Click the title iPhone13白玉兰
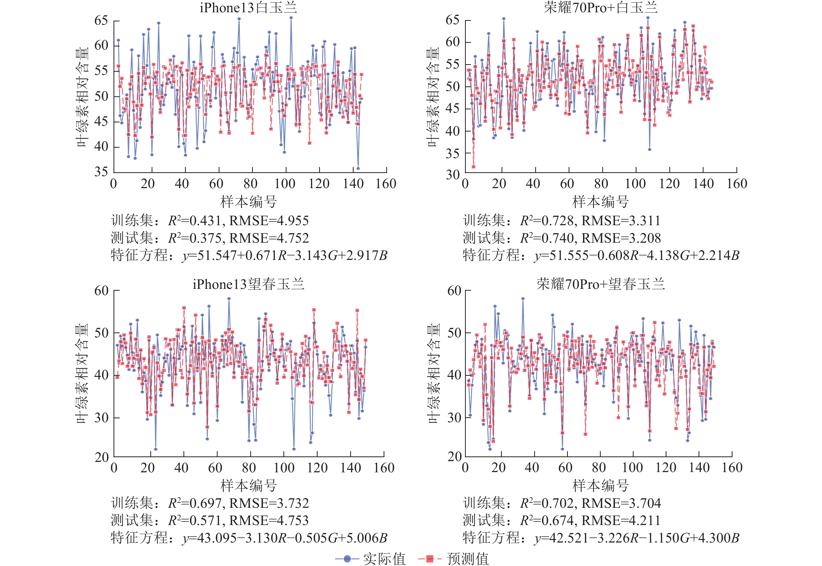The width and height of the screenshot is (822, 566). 248,8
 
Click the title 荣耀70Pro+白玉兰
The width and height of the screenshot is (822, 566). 600,8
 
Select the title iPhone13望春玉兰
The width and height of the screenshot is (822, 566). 248,284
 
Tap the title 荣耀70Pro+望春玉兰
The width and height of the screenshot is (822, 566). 600,284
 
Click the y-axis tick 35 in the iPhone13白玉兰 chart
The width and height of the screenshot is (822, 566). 101,172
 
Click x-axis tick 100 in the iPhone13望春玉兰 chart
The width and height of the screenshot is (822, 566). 284,468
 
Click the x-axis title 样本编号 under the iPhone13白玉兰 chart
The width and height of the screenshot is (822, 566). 248,201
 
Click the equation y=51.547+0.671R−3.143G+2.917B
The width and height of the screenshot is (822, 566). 285,255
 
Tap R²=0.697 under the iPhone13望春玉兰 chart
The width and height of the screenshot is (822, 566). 195,503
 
